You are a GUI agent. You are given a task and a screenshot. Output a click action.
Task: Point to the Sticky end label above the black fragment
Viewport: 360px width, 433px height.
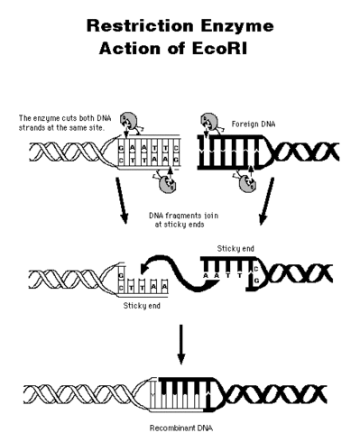click(x=232, y=246)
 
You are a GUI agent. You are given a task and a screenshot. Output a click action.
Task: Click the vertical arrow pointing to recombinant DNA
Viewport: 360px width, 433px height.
click(x=180, y=343)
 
